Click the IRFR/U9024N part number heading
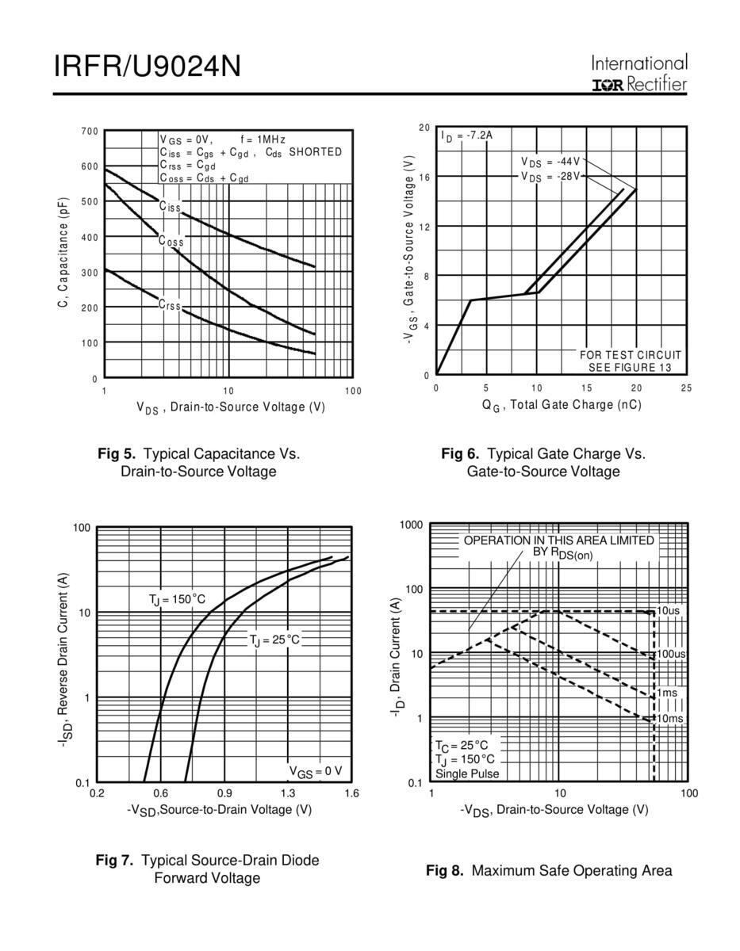[147, 67]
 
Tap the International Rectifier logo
[639, 74]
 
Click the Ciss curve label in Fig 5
[170, 207]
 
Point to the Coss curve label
[171, 241]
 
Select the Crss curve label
[170, 304]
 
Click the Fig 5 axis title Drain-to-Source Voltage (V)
[231, 407]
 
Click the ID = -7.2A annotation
[467, 136]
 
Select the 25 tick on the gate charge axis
[686, 388]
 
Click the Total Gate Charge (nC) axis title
[561, 405]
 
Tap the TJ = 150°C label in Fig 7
[177, 600]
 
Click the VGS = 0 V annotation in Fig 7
[315, 771]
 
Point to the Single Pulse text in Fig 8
[467, 773]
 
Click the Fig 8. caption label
[444, 871]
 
